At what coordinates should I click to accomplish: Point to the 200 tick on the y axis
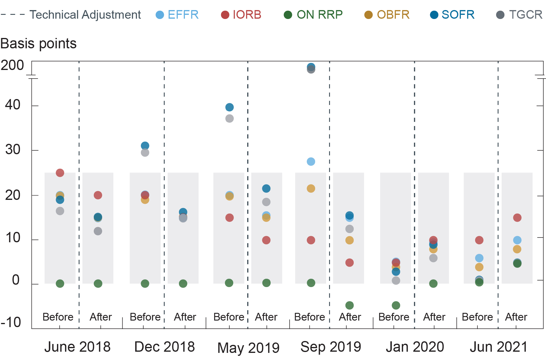[x=12, y=65]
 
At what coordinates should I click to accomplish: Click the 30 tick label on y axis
[x=13, y=150]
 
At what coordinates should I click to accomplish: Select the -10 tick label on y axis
[x=11, y=322]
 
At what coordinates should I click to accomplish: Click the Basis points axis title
[x=39, y=44]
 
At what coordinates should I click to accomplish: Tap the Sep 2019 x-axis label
[x=331, y=347]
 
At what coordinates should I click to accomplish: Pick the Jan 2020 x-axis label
[x=415, y=347]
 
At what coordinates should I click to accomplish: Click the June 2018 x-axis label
[x=77, y=347]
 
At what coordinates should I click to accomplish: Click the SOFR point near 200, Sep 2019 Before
[x=311, y=67]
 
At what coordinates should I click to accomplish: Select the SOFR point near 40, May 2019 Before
[x=229, y=107]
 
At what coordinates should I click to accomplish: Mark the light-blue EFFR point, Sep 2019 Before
[x=311, y=162]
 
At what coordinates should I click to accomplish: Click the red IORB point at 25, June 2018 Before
[x=60, y=173]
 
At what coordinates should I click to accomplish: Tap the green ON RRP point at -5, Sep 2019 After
[x=350, y=305]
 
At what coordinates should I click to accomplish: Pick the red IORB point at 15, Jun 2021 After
[x=517, y=218]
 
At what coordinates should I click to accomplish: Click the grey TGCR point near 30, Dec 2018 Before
[x=145, y=153]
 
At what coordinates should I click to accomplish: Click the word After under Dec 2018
[x=185, y=317]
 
